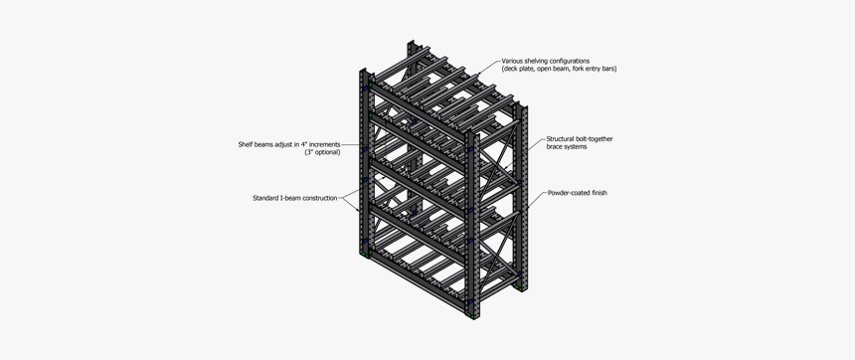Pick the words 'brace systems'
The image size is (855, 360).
point(567,146)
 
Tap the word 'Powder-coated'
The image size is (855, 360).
point(569,193)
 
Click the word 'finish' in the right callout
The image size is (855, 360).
point(599,193)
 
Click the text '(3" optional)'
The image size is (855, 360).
point(322,152)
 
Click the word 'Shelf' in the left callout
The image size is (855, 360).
point(247,144)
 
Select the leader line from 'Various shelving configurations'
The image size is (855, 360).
point(484,69)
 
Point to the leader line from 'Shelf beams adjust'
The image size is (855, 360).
point(351,145)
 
